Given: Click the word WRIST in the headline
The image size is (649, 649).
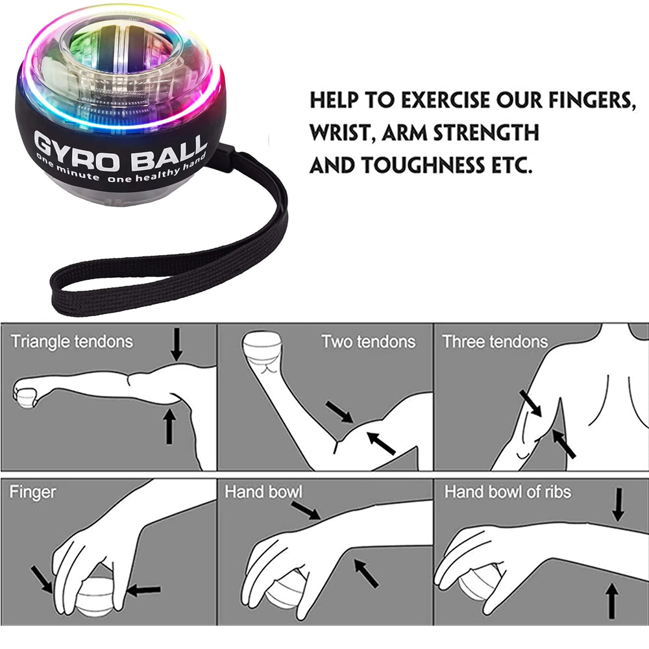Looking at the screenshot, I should [x=340, y=134].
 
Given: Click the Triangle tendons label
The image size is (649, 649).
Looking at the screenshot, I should [x=71, y=341].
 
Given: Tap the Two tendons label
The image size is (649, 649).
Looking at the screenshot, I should [x=368, y=341].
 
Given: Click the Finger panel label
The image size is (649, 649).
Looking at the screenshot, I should [x=32, y=493].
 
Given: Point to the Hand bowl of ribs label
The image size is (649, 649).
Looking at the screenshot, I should [x=508, y=492].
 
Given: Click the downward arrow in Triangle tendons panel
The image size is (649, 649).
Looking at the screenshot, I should [x=176, y=345].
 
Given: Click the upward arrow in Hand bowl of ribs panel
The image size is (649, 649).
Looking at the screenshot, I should [x=610, y=601].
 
